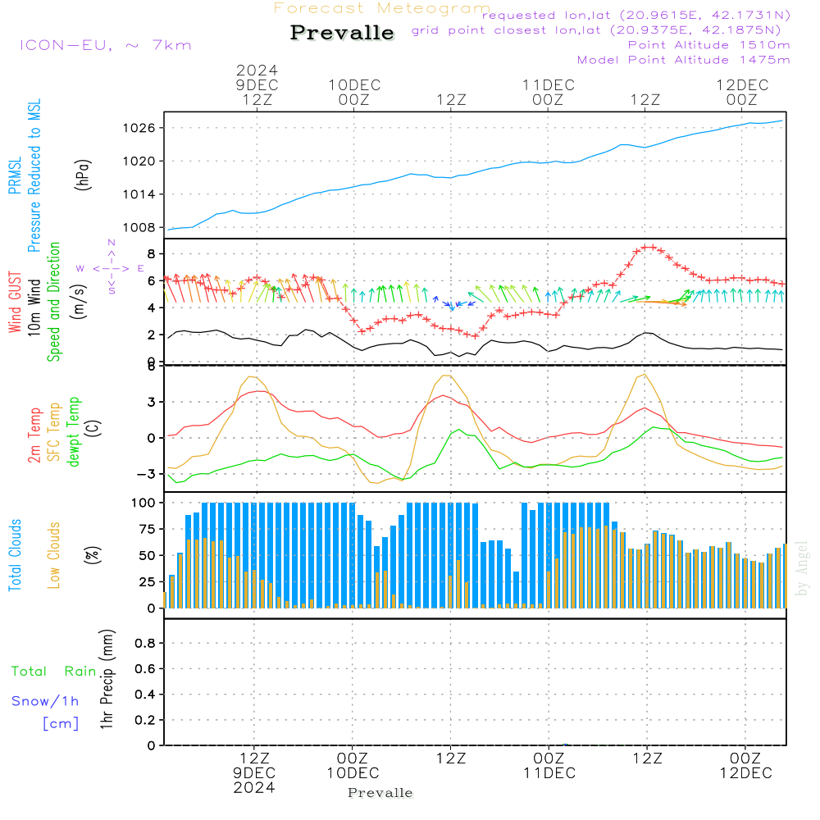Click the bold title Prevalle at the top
(342, 33)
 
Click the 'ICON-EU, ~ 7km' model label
(105, 45)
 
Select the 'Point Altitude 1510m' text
(708, 45)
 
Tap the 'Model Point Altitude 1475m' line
(683, 60)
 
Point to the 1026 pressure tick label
(140, 128)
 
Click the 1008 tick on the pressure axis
(140, 227)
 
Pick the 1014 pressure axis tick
(140, 194)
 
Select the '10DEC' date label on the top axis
(354, 84)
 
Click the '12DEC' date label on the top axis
(741, 84)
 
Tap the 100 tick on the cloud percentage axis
(144, 503)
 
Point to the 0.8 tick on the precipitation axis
(145, 645)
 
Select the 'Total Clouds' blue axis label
(16, 555)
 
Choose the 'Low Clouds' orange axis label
(54, 555)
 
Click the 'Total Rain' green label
(54, 672)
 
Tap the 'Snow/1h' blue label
(46, 701)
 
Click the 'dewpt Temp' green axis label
(75, 432)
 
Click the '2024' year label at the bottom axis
(254, 787)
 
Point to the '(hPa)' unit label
(83, 174)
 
